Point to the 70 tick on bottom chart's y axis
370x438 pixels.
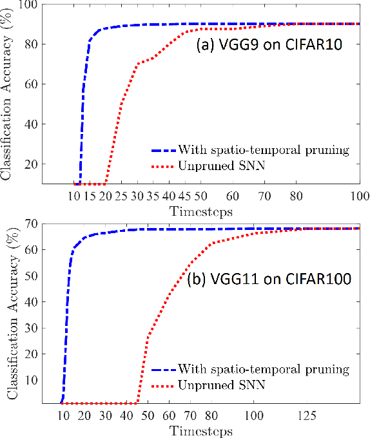(x=30, y=224)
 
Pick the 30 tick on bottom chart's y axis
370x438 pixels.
(x=30, y=327)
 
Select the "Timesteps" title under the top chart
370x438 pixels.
(x=200, y=210)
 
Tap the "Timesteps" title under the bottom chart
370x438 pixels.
(x=200, y=430)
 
